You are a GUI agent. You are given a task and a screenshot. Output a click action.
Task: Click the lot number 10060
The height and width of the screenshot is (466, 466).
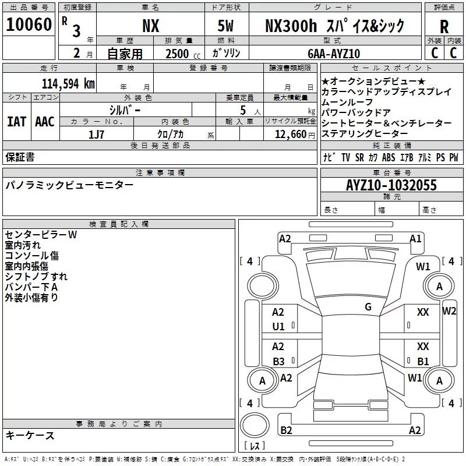(x=29, y=24)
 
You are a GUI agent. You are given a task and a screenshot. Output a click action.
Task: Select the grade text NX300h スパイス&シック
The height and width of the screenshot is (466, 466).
(x=334, y=26)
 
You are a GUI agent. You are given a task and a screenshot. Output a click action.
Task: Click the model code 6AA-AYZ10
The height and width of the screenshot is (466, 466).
(x=334, y=54)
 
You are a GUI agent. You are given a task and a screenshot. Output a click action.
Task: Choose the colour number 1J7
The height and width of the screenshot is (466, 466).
(x=96, y=134)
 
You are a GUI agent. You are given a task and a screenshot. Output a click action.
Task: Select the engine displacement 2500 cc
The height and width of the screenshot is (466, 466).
(x=178, y=54)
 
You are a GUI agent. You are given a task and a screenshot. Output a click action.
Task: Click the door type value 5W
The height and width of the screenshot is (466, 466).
(x=227, y=26)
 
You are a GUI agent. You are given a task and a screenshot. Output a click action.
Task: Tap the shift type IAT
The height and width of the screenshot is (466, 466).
(x=16, y=122)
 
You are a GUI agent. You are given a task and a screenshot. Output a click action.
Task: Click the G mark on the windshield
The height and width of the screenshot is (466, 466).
(x=368, y=307)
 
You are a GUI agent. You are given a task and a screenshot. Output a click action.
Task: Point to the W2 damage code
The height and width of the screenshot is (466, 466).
(x=449, y=310)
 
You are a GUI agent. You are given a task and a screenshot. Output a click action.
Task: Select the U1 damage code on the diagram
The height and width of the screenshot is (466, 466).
(x=278, y=327)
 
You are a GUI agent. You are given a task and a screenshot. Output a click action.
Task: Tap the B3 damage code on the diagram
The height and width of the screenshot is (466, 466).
(x=278, y=361)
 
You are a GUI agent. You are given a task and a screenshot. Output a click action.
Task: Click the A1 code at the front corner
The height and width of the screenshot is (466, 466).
(x=415, y=238)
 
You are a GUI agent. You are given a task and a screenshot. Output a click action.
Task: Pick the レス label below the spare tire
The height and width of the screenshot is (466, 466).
(x=255, y=447)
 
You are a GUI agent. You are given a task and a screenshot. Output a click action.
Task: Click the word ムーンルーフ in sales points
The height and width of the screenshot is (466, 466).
(x=347, y=102)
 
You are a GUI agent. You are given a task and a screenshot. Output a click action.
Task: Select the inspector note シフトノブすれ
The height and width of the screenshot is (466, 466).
(x=36, y=277)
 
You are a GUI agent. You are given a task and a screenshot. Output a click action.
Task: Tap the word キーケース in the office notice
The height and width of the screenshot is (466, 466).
(x=30, y=435)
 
